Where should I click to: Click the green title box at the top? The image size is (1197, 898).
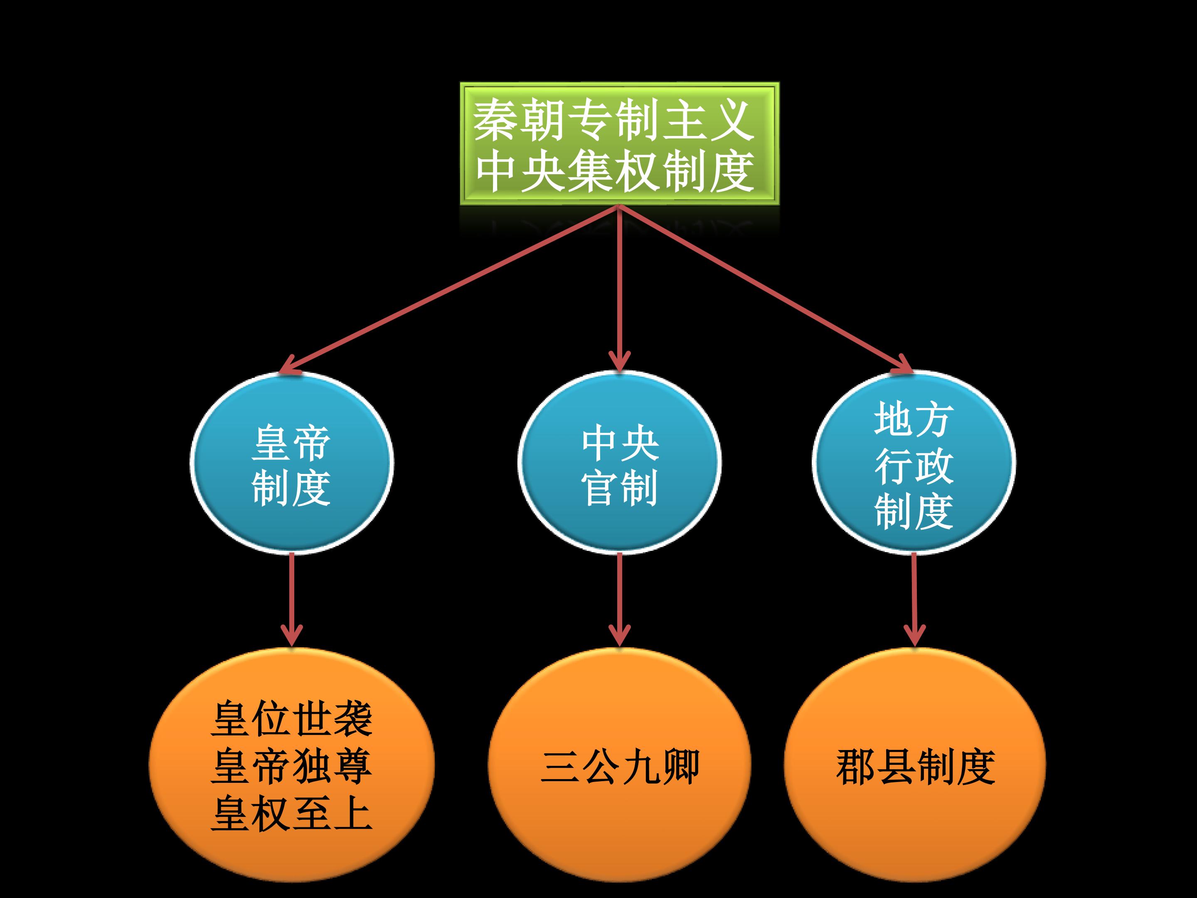click(620, 144)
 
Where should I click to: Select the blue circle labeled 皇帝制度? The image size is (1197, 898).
click(292, 463)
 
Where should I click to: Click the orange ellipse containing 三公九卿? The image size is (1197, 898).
click(620, 765)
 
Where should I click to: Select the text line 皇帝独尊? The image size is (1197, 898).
click(292, 767)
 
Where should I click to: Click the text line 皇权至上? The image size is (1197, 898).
click(292, 814)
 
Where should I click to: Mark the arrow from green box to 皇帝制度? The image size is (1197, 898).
click(449, 290)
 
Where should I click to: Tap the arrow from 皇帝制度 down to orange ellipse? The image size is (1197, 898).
click(292, 600)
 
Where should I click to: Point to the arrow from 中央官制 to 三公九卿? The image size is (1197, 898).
click(620, 600)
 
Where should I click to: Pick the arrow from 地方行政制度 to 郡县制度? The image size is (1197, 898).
click(914, 600)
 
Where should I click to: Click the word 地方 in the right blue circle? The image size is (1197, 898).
click(914, 419)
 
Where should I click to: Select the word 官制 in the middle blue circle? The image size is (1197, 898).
click(620, 487)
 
